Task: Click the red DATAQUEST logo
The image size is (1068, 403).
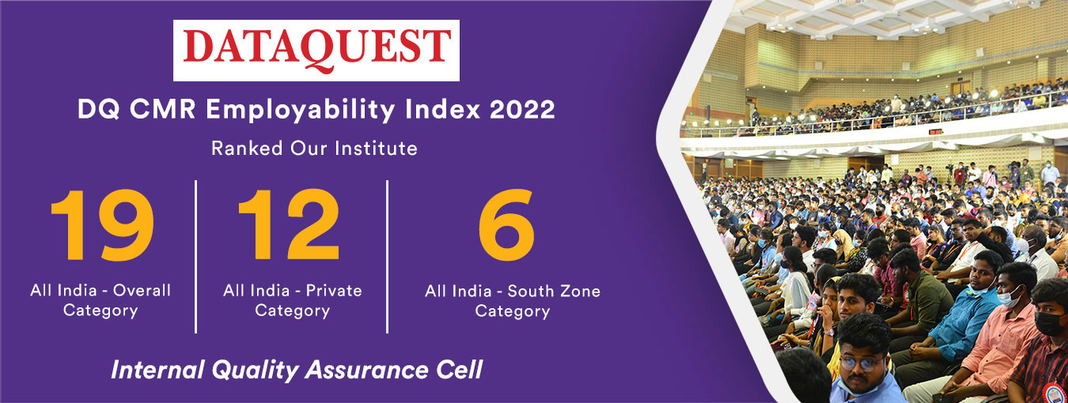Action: point(316,50)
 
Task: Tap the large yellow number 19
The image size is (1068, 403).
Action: point(103,225)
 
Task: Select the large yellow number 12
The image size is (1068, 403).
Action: point(290,225)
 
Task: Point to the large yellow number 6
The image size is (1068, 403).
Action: point(506,225)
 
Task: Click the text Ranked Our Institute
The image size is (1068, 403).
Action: point(314,148)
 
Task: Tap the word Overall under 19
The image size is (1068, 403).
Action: point(142,290)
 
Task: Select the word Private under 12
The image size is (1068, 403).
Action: point(334,290)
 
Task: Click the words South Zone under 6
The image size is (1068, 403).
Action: point(554,291)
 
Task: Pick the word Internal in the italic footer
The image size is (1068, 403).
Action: point(157,370)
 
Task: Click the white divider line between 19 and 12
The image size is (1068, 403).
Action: point(196,257)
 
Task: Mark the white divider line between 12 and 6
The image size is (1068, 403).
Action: point(387,257)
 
